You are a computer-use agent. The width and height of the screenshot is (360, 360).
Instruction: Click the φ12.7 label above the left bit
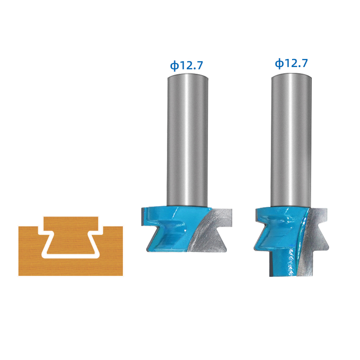186,65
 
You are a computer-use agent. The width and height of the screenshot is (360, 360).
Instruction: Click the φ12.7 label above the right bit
291,63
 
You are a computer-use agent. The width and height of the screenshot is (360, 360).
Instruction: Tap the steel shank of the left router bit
187,140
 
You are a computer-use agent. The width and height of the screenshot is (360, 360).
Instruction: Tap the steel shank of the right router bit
291,140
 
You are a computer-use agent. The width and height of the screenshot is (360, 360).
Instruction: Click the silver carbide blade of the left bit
210,232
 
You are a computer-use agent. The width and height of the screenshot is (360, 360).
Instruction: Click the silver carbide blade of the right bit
315,239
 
